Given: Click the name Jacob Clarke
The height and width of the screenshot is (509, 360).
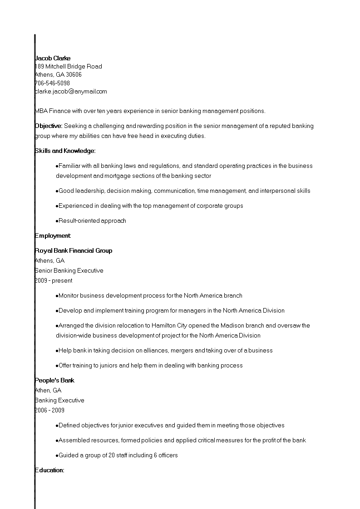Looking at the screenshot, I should coord(53,58).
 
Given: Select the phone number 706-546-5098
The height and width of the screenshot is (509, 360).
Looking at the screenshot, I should coord(52,83).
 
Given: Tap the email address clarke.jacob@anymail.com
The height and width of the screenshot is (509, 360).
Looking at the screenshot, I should coord(71,91).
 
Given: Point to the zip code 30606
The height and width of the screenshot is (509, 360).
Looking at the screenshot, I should coord(74,75).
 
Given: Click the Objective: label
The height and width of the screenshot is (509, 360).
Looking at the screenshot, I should coord(49,126).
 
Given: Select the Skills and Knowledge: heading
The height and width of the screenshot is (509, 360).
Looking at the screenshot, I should coord(65,151).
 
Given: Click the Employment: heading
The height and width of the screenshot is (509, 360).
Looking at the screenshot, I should coord(53,235).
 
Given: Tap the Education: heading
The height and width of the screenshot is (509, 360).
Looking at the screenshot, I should coord(49,470).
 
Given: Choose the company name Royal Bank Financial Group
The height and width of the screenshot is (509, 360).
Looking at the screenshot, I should coord(74,250).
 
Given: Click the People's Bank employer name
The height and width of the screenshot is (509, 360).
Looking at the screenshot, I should coord(54,380).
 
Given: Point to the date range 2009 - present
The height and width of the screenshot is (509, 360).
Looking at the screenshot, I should coord(54,280).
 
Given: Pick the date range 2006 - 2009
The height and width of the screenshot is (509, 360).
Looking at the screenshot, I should coord(49,410).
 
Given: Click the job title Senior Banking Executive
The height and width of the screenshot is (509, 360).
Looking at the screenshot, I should coord(69,270).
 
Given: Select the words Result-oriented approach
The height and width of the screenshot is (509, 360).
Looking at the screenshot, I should coord(92,221).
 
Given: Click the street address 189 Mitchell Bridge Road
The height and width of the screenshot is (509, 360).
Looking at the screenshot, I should coord(69,67).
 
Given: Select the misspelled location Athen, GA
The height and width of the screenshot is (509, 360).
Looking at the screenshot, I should coord(48,390).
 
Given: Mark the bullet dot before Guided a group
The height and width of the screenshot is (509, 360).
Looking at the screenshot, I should coord(57,455).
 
